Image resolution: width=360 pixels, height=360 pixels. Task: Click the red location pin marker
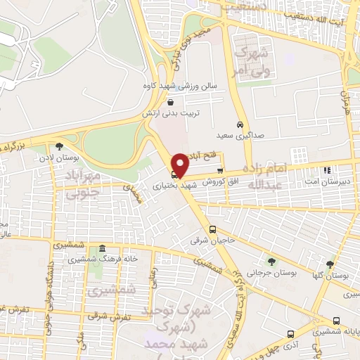pyautogui.click(x=181, y=165)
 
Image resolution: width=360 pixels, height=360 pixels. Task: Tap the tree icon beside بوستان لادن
pyautogui.click(x=58, y=146)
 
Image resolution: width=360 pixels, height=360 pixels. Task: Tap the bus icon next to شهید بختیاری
pyautogui.click(x=174, y=174)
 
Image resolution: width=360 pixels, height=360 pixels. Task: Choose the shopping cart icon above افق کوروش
pyautogui.click(x=220, y=169)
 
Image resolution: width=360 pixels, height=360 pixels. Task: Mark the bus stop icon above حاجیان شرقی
pyautogui.click(x=212, y=229)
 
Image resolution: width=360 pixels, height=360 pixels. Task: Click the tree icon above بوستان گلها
pyautogui.click(x=330, y=264)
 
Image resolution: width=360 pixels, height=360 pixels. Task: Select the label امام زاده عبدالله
pyautogui.click(x=265, y=176)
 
